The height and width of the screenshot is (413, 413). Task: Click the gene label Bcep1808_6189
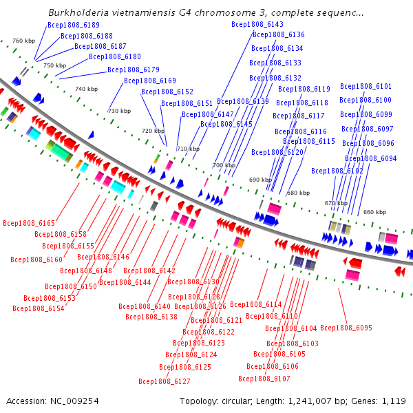click(73, 25)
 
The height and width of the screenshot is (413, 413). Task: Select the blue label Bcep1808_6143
click(257, 24)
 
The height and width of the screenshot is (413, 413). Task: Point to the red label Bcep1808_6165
click(28, 223)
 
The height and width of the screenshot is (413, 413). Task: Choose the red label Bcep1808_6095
click(346, 328)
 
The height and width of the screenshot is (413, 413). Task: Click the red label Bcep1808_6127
click(165, 381)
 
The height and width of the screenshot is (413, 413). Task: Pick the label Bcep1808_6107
click(264, 379)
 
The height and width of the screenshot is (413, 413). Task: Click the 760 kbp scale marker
click(23, 41)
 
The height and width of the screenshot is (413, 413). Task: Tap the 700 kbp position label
click(223, 165)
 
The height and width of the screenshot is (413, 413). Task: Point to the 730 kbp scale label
click(119, 111)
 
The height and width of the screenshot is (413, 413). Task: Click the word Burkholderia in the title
click(77, 12)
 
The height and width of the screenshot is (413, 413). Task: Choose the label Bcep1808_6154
click(38, 308)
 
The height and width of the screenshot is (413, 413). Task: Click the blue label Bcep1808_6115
click(309, 141)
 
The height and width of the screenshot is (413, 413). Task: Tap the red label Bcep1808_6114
click(255, 304)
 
